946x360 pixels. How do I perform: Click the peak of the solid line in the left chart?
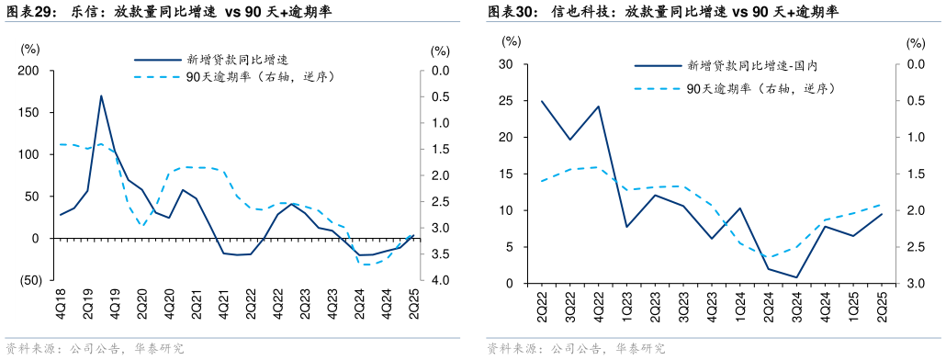[x=101, y=96]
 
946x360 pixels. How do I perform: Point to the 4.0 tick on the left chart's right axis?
[x=439, y=280]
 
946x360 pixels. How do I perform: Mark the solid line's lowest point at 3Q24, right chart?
[x=797, y=277]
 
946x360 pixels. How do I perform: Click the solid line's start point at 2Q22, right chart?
[x=542, y=101]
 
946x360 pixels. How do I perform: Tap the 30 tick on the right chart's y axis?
[x=504, y=64]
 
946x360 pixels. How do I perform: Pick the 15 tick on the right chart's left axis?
[x=504, y=174]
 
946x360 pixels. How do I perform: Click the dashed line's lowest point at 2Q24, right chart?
[x=769, y=257]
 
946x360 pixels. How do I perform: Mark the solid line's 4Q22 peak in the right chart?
[x=599, y=106]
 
